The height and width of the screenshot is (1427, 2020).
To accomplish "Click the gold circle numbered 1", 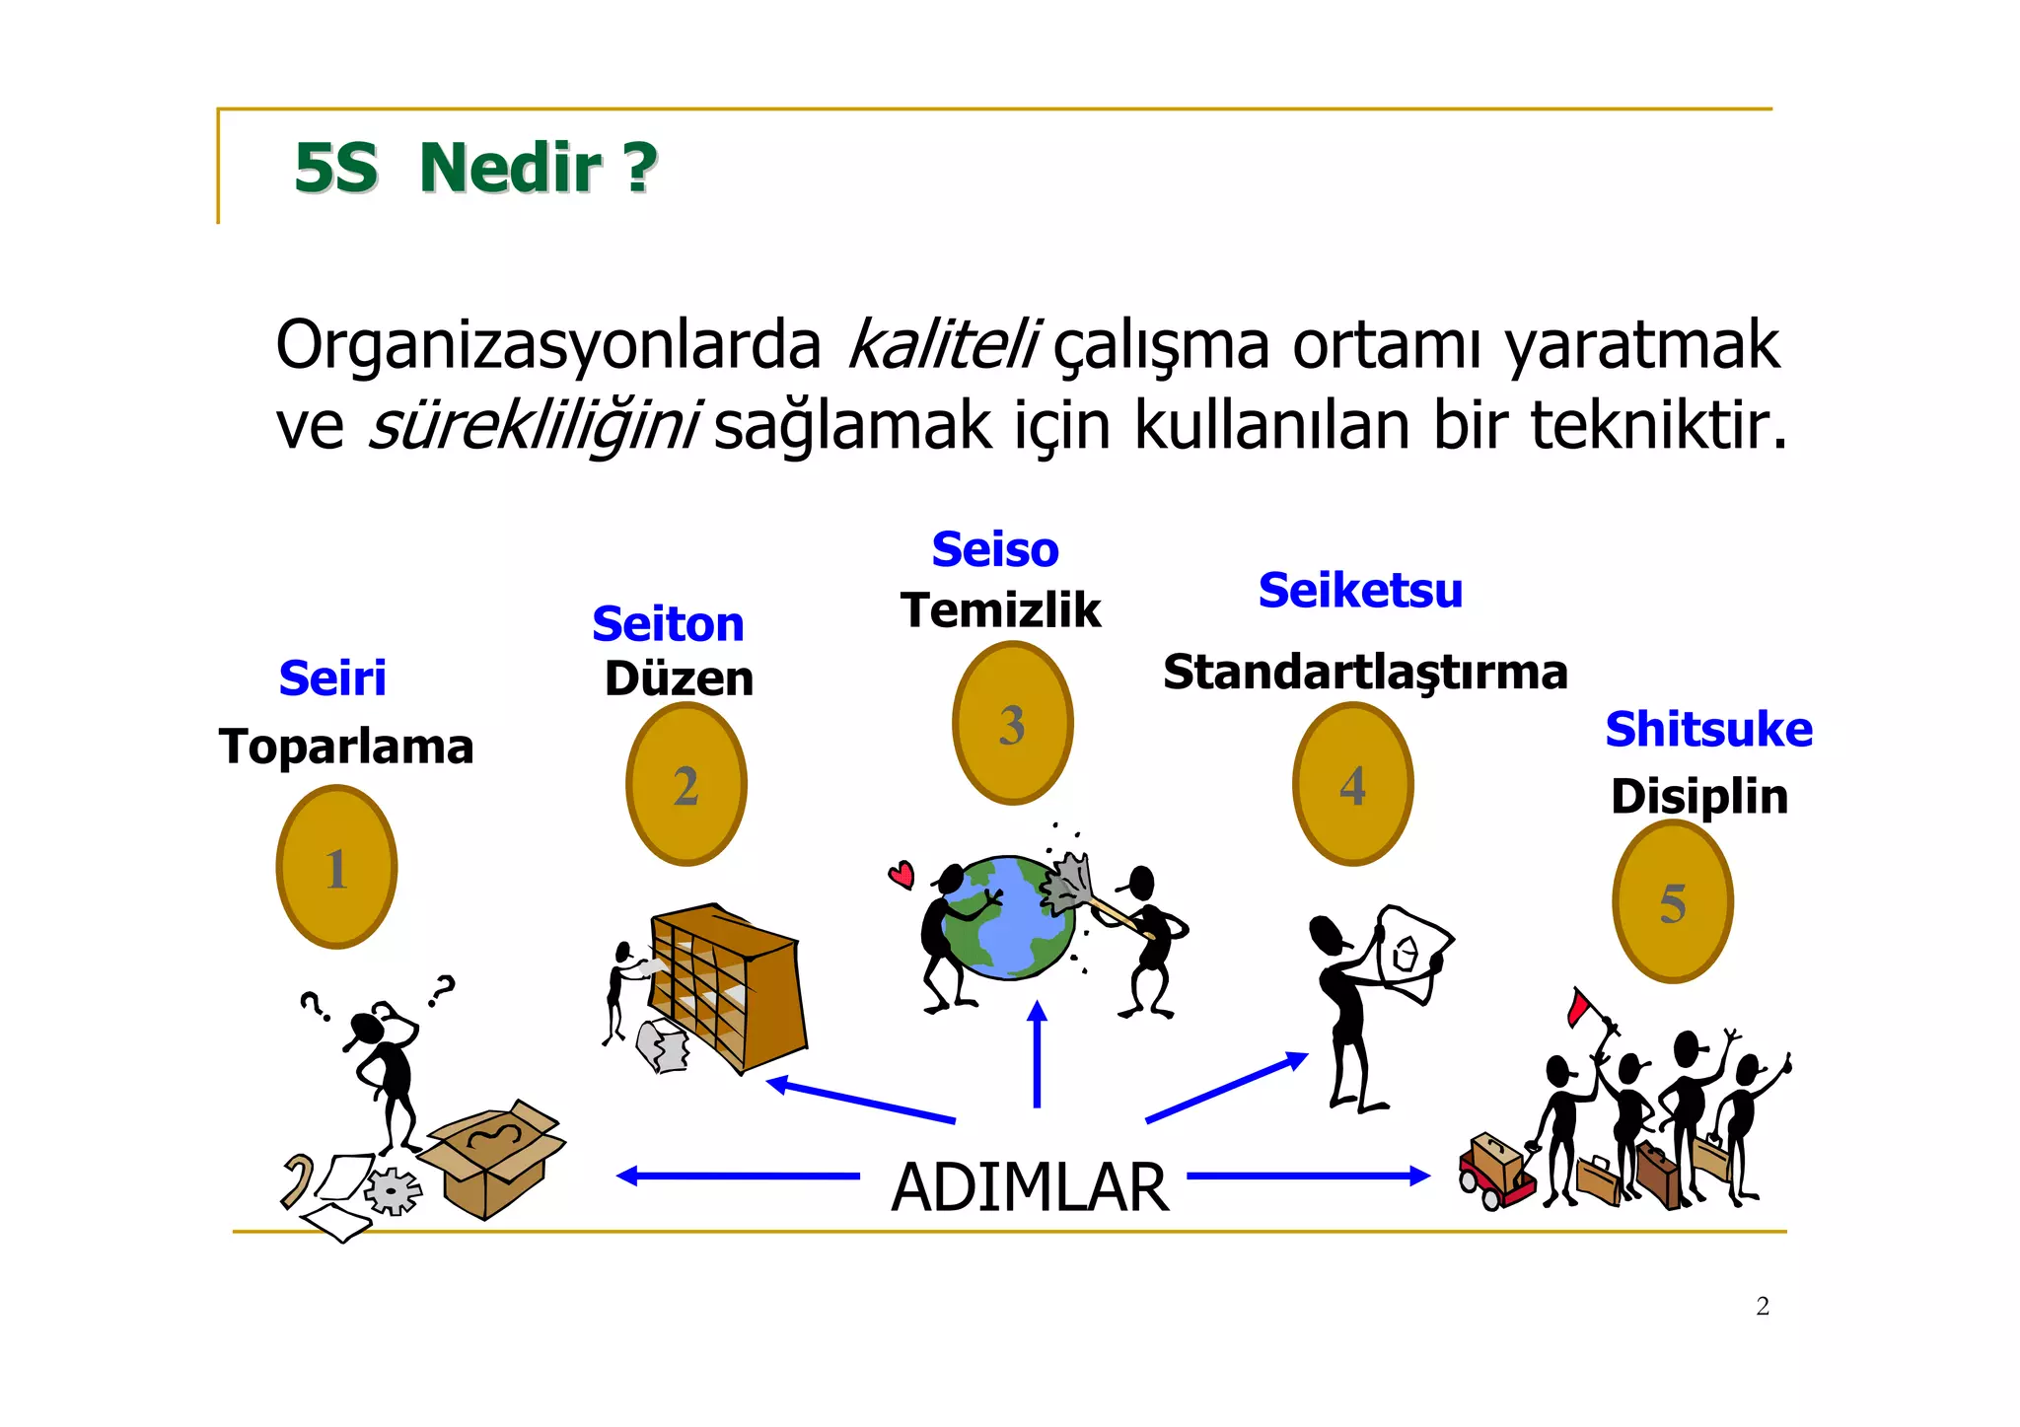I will (336, 867).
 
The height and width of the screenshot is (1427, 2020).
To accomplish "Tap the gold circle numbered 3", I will (1012, 723).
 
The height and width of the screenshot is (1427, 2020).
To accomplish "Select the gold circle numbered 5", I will (1673, 901).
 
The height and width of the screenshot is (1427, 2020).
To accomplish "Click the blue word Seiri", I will (332, 678).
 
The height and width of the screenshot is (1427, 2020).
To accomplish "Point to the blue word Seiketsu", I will (1360, 591).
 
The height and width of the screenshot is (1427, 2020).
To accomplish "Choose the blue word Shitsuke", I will (1708, 730).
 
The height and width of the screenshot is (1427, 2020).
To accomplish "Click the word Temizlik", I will (1000, 609).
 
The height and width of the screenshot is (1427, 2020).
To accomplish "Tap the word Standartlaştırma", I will (1365, 673).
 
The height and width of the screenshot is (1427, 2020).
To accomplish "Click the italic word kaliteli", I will (942, 345).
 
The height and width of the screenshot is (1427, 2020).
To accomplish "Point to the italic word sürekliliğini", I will (534, 425).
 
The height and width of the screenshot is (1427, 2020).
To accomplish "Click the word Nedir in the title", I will (510, 168).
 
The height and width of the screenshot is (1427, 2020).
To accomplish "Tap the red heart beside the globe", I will (902, 874).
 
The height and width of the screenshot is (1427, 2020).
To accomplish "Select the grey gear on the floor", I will (393, 1191).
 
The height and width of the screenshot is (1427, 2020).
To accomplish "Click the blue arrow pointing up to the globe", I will (1037, 1055).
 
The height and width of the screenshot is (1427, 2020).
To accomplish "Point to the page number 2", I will (1763, 1307).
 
